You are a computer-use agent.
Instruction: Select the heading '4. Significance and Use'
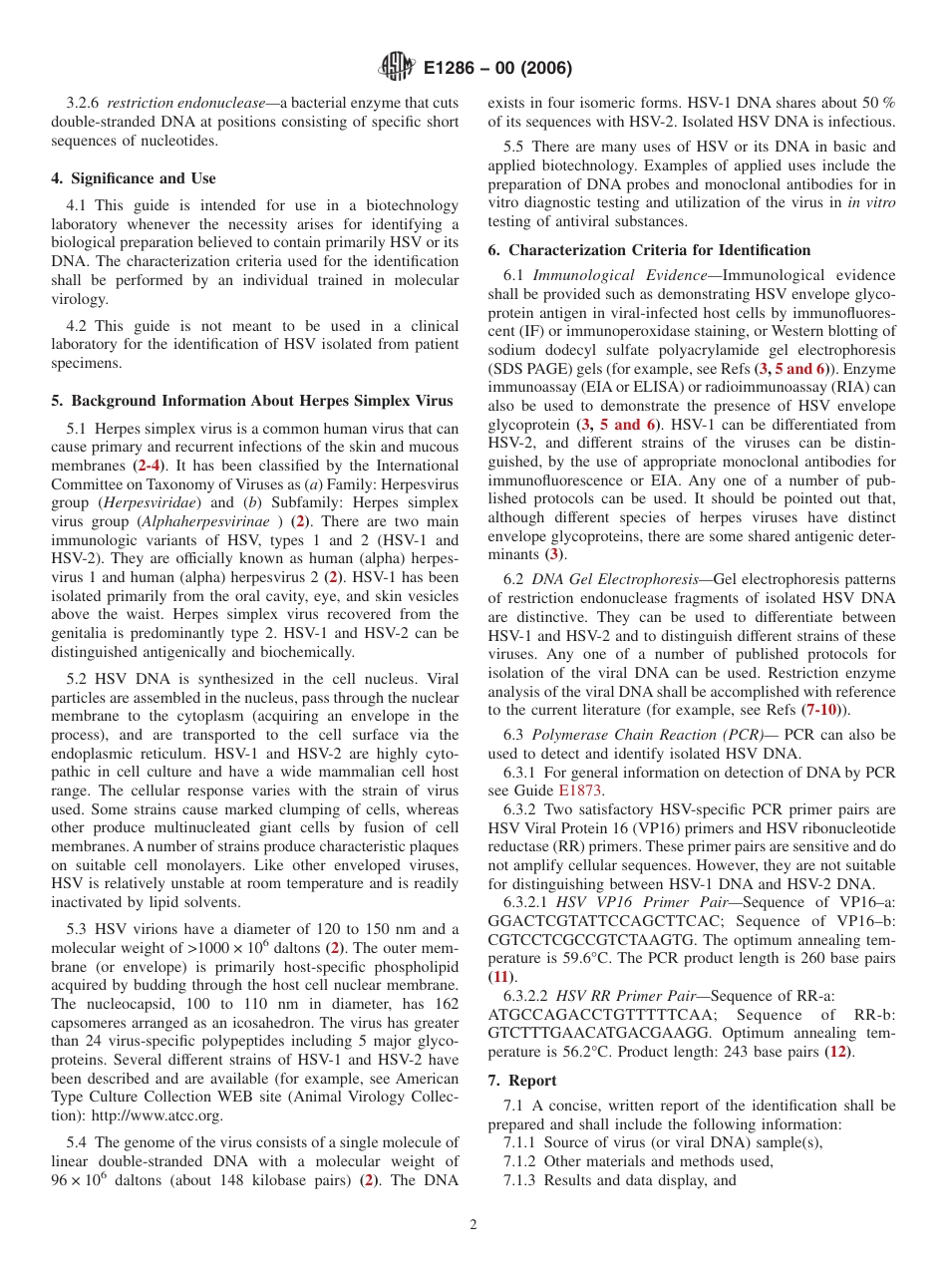(133, 178)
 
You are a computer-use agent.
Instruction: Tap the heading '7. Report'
(522, 1081)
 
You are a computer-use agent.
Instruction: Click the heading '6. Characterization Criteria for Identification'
(649, 250)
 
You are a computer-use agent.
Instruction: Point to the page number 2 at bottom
(473, 1225)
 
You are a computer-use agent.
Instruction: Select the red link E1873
(581, 791)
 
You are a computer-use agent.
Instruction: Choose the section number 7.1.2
(522, 1161)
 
